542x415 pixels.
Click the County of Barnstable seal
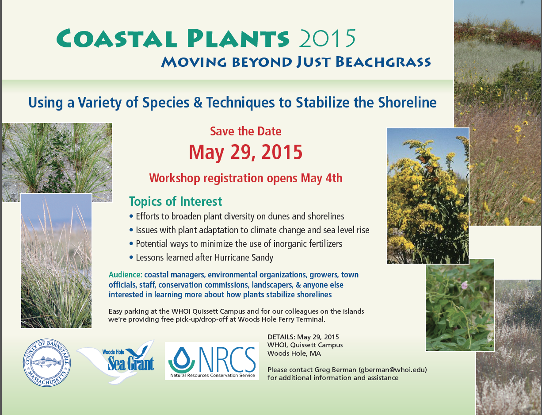click(47, 363)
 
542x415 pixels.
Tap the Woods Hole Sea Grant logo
click(117, 362)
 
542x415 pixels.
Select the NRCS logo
click(212, 361)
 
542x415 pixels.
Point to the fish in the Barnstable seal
click(47, 362)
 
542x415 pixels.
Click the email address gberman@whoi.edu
click(393, 370)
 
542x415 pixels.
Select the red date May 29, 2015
click(246, 152)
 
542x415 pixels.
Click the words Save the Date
click(246, 131)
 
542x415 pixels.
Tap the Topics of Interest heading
click(176, 201)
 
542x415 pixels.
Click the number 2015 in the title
click(327, 38)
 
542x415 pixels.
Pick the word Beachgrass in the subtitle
click(383, 61)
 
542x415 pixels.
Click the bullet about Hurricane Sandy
click(202, 257)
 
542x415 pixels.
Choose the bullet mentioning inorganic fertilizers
click(236, 244)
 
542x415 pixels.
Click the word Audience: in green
click(126, 275)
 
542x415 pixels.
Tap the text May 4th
click(321, 178)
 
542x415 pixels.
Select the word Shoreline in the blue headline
click(408, 102)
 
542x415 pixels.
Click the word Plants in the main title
click(238, 38)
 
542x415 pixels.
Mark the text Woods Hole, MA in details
click(294, 354)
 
